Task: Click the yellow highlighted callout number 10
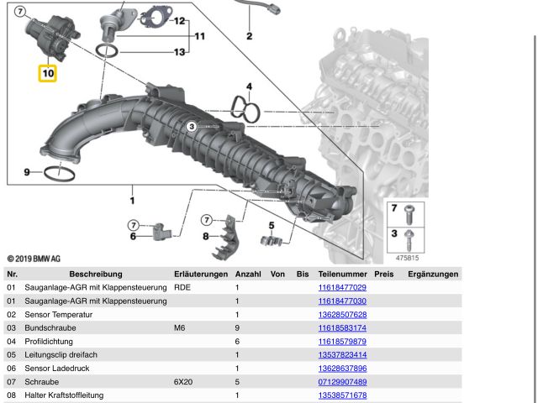point(48,73)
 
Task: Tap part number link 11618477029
point(342,287)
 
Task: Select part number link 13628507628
point(342,314)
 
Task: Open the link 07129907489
point(342,381)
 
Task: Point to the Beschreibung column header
point(96,274)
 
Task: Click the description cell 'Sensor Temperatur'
point(59,314)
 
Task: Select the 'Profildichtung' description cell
point(51,341)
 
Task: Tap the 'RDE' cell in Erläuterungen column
point(182,287)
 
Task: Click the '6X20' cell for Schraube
point(183,381)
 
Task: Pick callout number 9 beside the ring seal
point(27,172)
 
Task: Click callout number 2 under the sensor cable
point(249,36)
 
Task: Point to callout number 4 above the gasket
point(249,86)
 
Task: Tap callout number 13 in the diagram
point(179,53)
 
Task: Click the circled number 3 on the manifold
point(192,126)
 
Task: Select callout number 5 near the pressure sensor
point(272,225)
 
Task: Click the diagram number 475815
point(407,258)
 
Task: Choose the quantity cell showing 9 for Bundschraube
point(237,327)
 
